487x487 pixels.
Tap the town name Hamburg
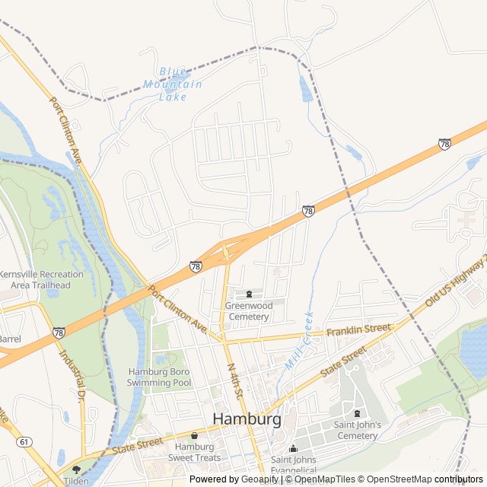[247, 419]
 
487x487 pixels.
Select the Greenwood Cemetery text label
[249, 310]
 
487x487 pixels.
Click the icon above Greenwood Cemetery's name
[249, 294]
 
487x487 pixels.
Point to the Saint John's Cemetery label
[355, 430]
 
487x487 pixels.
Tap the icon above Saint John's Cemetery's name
[356, 414]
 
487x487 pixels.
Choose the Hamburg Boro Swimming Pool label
[160, 377]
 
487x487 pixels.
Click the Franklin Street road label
[358, 330]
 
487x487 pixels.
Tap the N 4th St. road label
[234, 380]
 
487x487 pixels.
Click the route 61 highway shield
[24, 441]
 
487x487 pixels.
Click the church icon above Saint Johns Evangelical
[294, 448]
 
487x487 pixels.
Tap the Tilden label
[75, 480]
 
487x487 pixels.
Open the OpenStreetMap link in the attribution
[395, 479]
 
